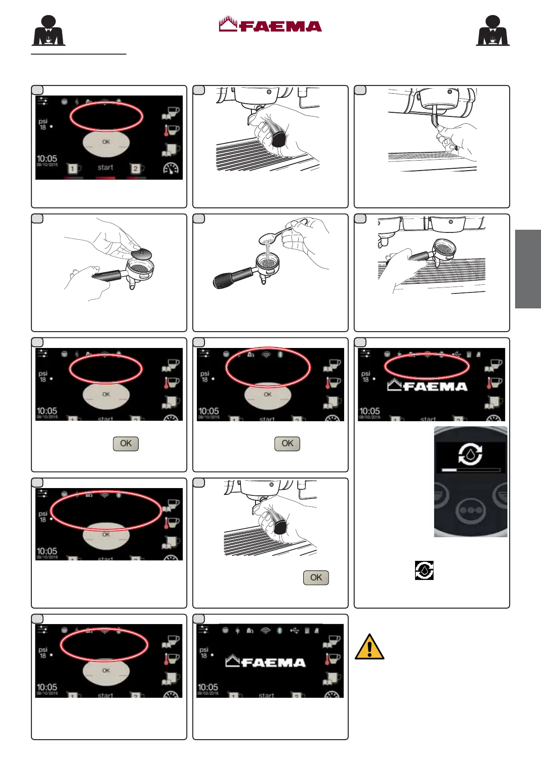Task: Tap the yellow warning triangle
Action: tap(370, 647)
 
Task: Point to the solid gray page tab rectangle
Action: tap(528, 269)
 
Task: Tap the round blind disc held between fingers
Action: tap(141, 252)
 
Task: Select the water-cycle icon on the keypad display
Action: tap(470, 454)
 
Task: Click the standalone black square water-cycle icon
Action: tap(424, 570)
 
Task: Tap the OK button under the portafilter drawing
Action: tap(316, 578)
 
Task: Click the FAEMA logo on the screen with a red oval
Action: tap(427, 387)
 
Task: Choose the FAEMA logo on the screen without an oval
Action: tap(266, 662)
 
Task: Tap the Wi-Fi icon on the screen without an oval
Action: tap(265, 631)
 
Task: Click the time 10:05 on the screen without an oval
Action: tap(208, 686)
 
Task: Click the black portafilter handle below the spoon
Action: tap(232, 278)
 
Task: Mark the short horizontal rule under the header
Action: tap(78, 54)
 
